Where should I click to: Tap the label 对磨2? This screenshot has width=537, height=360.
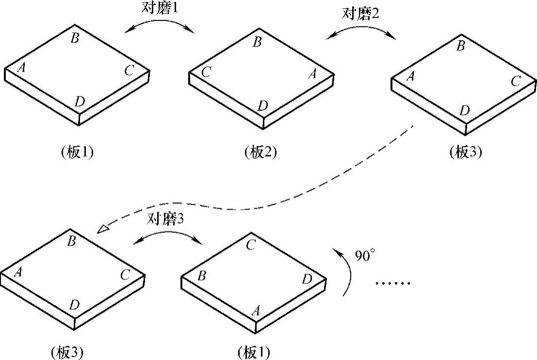point(360,13)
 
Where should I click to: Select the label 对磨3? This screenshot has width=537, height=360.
point(165,220)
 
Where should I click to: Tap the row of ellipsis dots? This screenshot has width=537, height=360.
point(393,283)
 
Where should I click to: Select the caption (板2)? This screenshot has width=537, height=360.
point(261,152)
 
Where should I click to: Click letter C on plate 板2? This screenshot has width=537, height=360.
point(206,73)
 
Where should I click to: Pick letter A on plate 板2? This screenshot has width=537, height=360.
point(313,74)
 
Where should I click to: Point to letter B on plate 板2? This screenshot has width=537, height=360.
point(258,42)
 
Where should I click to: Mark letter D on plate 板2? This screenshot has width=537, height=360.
point(262,105)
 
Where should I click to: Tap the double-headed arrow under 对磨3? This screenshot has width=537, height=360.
point(166,236)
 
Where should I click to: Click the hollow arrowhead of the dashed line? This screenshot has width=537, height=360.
point(103,229)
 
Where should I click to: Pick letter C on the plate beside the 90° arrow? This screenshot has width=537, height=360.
point(250,245)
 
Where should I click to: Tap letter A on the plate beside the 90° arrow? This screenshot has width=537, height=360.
point(255,311)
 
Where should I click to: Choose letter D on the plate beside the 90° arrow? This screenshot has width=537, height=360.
point(307,279)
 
